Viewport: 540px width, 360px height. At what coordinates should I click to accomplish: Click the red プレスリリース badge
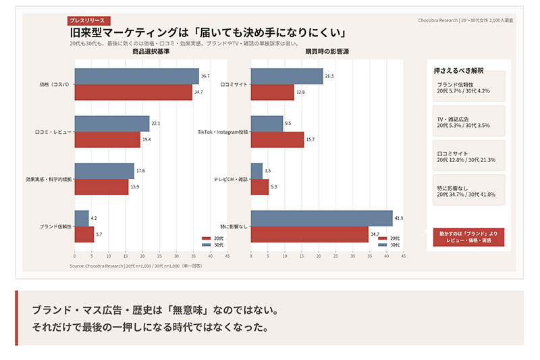(x=88, y=20)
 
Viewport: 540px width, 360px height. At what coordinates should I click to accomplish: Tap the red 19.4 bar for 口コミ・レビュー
(x=107, y=139)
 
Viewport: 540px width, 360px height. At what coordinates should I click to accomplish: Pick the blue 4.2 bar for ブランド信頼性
(x=81, y=218)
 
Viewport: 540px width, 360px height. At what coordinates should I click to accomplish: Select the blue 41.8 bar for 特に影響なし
(x=321, y=218)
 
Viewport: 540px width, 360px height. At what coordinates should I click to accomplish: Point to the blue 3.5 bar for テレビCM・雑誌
(x=256, y=171)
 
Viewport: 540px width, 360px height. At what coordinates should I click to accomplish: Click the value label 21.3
(x=329, y=76)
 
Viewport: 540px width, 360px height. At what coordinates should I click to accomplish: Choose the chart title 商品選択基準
(x=151, y=52)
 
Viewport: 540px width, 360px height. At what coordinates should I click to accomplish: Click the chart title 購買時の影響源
(x=327, y=52)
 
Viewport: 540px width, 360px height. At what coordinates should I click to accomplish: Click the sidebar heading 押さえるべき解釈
(x=459, y=70)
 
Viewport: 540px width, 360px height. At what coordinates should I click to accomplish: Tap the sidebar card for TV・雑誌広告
(x=468, y=122)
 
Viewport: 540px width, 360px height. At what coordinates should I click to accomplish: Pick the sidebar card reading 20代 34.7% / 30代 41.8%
(x=468, y=190)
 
